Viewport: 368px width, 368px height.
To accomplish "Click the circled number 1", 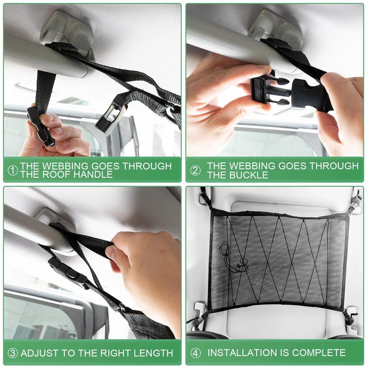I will [13, 171].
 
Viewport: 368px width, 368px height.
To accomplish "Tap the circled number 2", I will [195, 171].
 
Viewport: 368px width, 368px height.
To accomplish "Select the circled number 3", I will [13, 353].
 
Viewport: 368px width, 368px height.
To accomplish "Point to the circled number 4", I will [195, 353].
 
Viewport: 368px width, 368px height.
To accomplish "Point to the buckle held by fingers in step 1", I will [40, 127].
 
